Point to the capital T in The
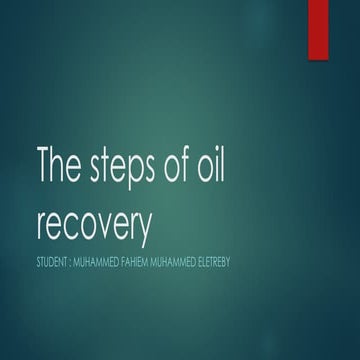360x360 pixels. pyautogui.click(x=44, y=165)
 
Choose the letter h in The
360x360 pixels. pyautogui.click(x=60, y=165)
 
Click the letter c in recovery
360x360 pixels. pyautogui.click(x=70, y=227)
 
